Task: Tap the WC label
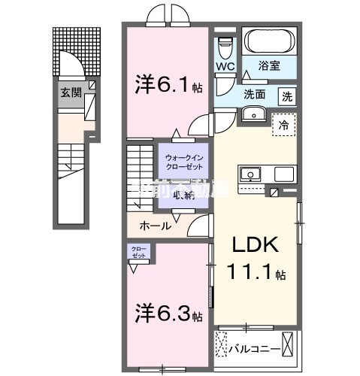[225, 67]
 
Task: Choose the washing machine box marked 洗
[287, 96]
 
